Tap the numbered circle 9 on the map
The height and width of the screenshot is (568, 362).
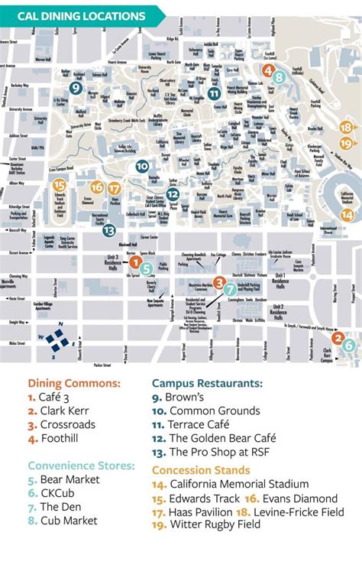click(x=75, y=88)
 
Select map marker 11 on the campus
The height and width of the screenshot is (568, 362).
click(x=215, y=93)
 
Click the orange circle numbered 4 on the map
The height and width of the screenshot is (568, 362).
click(x=268, y=70)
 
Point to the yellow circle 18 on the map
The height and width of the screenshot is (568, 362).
click(x=347, y=128)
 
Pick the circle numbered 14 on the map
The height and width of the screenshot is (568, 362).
click(x=347, y=216)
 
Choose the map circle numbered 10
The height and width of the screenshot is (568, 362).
click(x=142, y=166)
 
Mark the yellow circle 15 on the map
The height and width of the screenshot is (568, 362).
click(x=59, y=185)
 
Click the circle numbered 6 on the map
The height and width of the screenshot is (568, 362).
click(x=348, y=345)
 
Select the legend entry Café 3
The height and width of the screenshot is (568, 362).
click(x=47, y=398)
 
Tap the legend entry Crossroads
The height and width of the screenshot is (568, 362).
click(x=57, y=425)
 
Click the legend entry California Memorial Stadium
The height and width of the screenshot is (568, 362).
click(x=230, y=483)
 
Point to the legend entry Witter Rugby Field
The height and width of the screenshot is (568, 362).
click(x=206, y=524)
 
